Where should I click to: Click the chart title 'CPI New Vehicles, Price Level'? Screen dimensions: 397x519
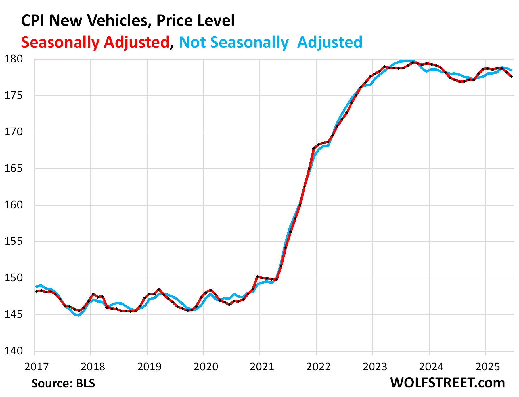(128, 21)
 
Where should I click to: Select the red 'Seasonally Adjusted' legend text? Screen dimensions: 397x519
(95, 43)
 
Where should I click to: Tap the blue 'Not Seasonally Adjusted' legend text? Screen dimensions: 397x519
(271, 43)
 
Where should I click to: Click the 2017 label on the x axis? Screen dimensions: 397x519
(37, 367)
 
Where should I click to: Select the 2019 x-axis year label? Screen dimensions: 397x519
(149, 367)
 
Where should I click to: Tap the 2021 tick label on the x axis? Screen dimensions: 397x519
(262, 367)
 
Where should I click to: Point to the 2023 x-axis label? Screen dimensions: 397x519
(375, 367)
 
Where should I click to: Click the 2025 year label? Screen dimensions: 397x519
(487, 367)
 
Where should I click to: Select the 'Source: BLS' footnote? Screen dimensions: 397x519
(63, 383)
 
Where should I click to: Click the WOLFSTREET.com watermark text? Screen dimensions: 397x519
(447, 383)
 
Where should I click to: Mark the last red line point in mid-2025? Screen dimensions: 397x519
(511, 77)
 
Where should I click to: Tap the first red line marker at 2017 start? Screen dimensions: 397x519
(37, 291)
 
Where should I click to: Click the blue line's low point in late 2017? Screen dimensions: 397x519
(79, 315)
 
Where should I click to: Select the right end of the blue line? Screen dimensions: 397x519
(512, 70)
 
